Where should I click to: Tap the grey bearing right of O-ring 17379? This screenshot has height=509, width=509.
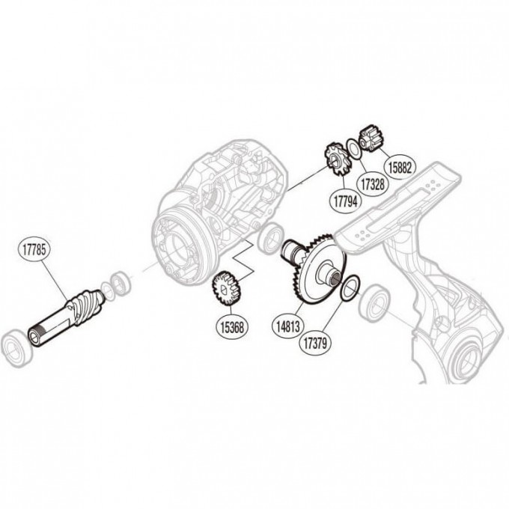pos(372,305)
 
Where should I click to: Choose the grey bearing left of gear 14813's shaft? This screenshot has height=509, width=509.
pos(267,238)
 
